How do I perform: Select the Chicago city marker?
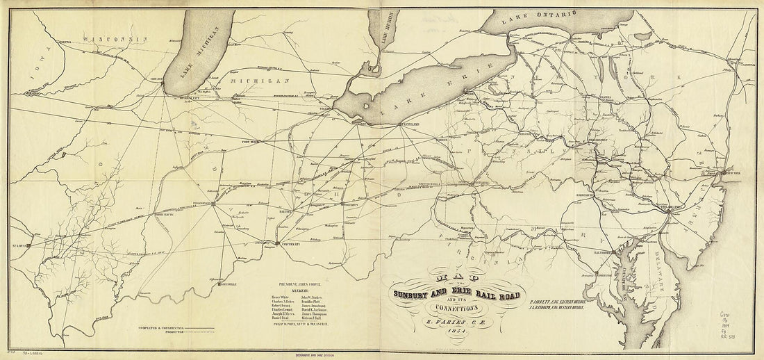pos(163,84)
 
